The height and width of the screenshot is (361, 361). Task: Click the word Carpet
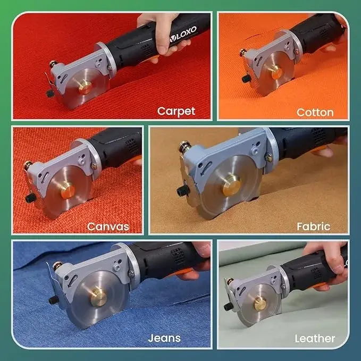coord(176,112)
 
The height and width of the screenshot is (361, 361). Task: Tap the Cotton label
coord(315,113)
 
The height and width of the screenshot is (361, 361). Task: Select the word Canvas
coord(108,227)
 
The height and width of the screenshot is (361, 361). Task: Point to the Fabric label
coord(313,226)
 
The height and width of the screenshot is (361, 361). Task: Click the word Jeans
coord(164,338)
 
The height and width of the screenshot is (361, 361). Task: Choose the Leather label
coord(315,339)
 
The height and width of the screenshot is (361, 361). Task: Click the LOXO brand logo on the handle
coord(183,34)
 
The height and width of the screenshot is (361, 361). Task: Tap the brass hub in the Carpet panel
coord(85,88)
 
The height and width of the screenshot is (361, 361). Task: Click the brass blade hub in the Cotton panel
coord(277,73)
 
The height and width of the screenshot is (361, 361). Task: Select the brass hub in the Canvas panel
coord(68,191)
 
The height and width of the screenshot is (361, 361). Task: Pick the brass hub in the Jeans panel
coord(98,298)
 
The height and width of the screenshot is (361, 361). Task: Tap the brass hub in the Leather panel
coord(260,303)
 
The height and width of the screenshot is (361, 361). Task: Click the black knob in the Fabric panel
coord(183,191)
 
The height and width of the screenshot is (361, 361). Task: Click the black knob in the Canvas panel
coord(30,198)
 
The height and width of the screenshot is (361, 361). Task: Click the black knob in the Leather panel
coord(229,306)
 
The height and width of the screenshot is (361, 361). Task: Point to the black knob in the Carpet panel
coord(50,94)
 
